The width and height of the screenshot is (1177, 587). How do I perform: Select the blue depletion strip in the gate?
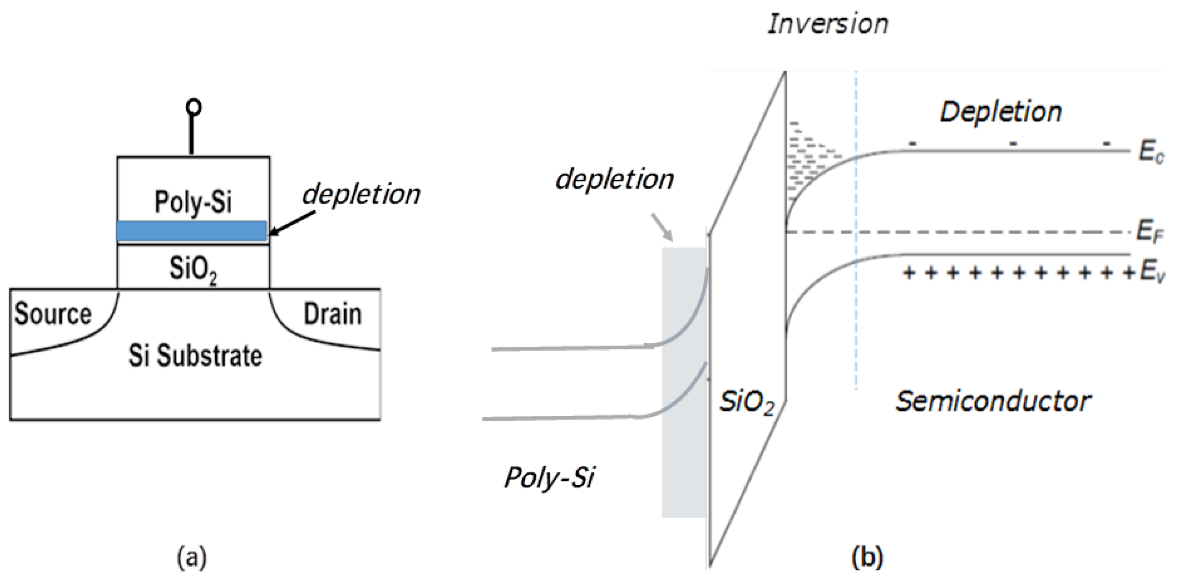(191, 231)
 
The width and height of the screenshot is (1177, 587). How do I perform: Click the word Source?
(53, 314)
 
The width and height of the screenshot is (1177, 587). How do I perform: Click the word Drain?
(333, 314)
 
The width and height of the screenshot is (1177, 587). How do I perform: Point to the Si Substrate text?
(195, 356)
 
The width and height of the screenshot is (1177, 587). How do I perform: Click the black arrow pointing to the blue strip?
(292, 224)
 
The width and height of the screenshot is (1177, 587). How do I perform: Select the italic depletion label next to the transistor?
(361, 195)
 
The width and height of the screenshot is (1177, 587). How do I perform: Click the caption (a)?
(192, 558)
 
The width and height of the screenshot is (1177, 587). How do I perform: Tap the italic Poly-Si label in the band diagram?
(550, 478)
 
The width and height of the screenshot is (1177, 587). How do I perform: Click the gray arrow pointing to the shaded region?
(662, 227)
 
